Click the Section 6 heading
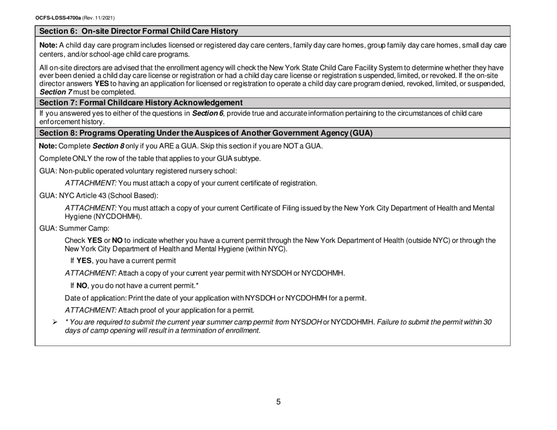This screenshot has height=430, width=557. coord(138,31)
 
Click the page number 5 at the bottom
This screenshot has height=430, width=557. coord(278,402)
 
